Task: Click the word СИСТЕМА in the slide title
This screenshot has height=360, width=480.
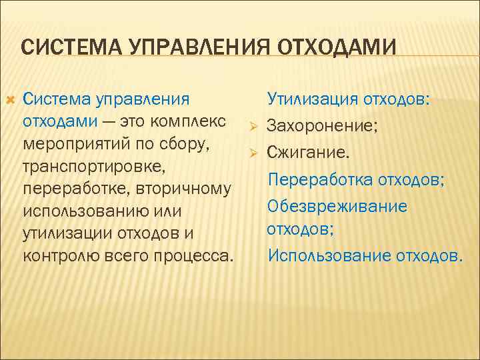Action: pos(61,48)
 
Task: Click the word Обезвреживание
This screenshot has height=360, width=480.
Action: pos(337,205)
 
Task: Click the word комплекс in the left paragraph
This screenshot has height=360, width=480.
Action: pos(197,122)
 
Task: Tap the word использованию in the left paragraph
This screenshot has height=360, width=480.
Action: pos(81,211)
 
